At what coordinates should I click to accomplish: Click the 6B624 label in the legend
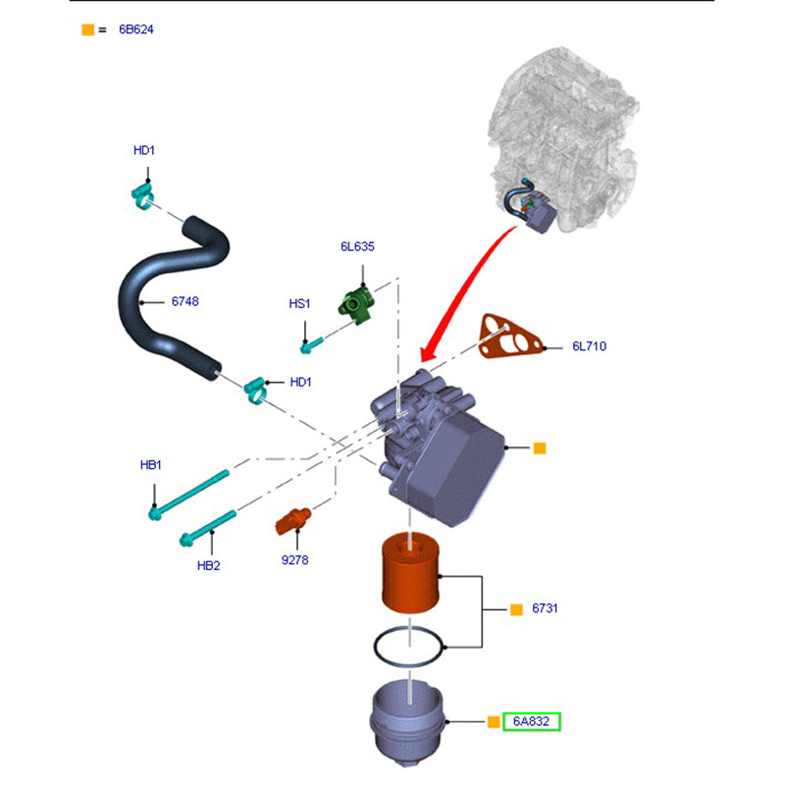coord(136,29)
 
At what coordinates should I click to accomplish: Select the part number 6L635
coord(357,247)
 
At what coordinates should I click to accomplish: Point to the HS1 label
coord(299,304)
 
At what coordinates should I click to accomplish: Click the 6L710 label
coord(590,346)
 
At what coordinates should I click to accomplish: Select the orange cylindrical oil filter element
coord(414,574)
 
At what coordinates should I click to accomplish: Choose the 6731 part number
coord(545,609)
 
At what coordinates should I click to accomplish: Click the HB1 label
coord(149,464)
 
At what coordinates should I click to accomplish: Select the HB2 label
coord(207,565)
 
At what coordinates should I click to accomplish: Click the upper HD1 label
coord(144,150)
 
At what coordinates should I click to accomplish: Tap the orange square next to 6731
coord(516,609)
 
